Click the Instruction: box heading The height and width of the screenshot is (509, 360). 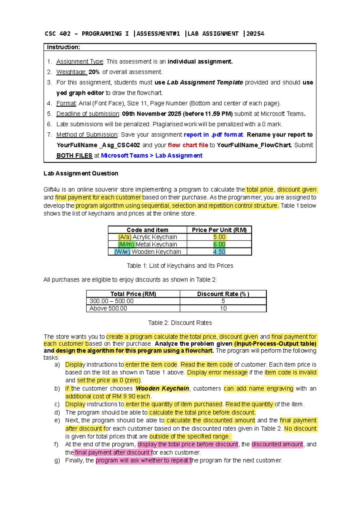tap(63, 47)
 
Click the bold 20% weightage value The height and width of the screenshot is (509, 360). tap(94, 72)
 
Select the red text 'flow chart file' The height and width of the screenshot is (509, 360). tap(188, 145)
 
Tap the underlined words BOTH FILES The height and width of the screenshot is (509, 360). tap(74, 156)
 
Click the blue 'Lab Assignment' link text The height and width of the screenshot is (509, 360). tap(179, 156)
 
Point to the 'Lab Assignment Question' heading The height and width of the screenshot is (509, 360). tap(81, 173)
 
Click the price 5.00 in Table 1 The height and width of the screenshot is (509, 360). tap(219, 237)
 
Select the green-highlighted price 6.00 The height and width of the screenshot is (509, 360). tap(219, 245)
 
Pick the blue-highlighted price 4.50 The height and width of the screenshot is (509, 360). tap(219, 252)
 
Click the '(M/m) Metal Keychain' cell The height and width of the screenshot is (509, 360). tap(147, 245)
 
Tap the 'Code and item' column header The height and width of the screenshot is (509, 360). tap(147, 230)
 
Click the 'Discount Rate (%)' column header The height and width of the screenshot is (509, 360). tap(223, 294)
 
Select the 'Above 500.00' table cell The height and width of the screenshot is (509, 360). tap(108, 309)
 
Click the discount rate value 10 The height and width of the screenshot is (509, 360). tap(223, 309)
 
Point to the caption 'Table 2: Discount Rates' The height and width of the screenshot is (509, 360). tap(180, 323)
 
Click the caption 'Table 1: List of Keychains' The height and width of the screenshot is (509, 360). tap(180, 266)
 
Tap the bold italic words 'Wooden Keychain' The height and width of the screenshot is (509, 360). tap(162, 389)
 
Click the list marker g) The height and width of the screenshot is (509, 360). tap(57, 460)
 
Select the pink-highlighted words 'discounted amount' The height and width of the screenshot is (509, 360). tap(277, 444)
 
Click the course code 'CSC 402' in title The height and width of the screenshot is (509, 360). tap(58, 34)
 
